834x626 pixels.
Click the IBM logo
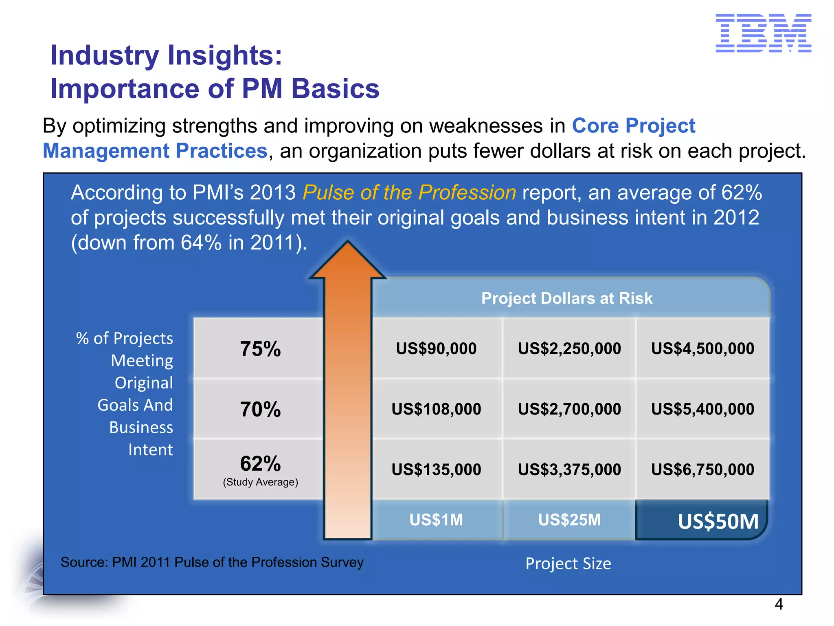click(763, 33)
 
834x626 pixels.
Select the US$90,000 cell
click(436, 348)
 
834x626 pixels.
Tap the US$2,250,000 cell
click(569, 348)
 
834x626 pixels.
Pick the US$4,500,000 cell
click(702, 348)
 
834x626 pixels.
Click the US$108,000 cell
click(436, 409)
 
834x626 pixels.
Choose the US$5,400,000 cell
click(702, 409)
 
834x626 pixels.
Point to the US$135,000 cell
click(436, 469)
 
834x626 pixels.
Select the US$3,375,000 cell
click(569, 469)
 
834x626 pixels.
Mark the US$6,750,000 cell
click(702, 469)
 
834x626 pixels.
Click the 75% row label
click(260, 349)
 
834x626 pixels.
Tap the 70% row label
click(260, 409)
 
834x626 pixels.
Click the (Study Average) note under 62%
click(260, 482)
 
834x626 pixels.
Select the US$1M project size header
click(436, 520)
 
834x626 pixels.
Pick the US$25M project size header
click(569, 520)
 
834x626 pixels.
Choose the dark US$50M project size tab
click(718, 521)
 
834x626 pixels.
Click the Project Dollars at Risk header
click(566, 298)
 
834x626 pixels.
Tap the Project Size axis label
click(568, 564)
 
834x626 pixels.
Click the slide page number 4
click(779, 604)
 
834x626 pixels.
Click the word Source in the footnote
click(84, 562)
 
